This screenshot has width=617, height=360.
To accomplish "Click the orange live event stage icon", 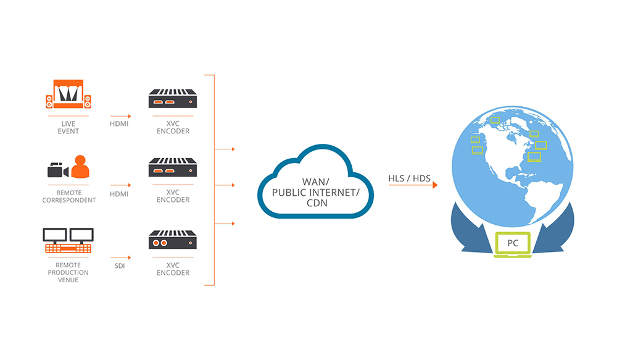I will click(x=68, y=93).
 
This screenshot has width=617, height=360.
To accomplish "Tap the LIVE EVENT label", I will click(x=68, y=127).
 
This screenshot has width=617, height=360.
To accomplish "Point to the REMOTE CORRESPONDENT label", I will click(x=68, y=196).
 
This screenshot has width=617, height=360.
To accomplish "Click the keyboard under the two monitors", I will click(x=68, y=248).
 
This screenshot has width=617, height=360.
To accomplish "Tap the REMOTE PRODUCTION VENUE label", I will click(x=68, y=272).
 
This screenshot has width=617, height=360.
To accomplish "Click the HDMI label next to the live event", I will click(x=120, y=123).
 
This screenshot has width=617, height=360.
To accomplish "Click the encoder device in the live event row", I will click(x=173, y=98).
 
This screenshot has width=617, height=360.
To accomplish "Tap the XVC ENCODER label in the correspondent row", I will click(x=173, y=196).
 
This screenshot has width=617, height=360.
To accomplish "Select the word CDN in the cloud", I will click(x=315, y=203).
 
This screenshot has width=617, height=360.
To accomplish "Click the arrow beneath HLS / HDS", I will click(x=413, y=185).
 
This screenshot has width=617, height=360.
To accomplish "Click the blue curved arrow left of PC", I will click(x=473, y=229).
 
